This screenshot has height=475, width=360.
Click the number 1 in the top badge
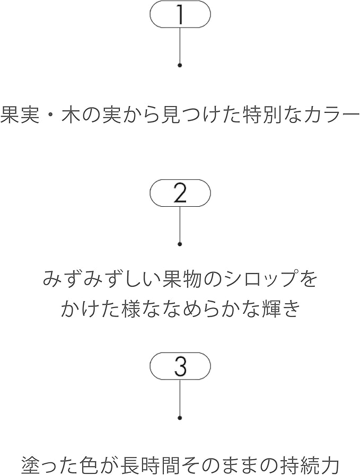click(x=181, y=14)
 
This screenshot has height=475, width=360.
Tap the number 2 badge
click(x=180, y=193)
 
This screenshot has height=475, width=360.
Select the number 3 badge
click(x=180, y=366)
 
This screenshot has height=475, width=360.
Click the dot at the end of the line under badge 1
click(x=180, y=65)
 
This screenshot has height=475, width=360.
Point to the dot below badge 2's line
click(x=180, y=244)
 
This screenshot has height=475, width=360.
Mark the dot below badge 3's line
click(x=180, y=418)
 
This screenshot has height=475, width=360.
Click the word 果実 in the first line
click(x=20, y=115)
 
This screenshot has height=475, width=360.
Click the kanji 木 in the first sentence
click(x=71, y=115)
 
